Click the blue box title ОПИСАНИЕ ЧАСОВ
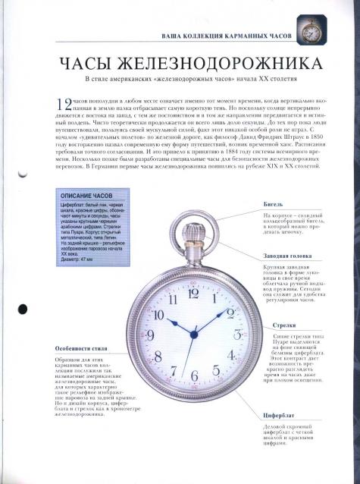[x=83, y=196]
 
